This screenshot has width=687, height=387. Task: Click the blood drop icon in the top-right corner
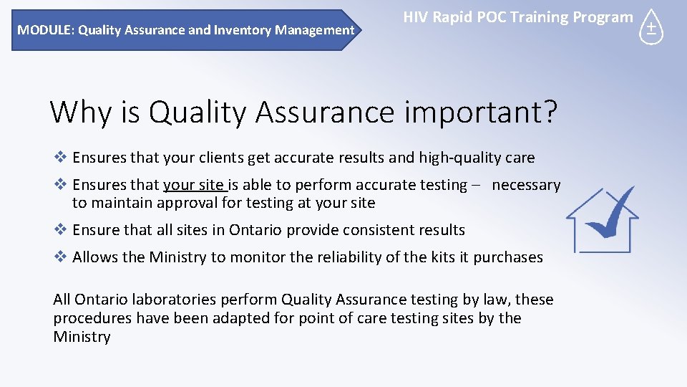click(x=651, y=27)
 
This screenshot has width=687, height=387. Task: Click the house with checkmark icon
click(x=602, y=219)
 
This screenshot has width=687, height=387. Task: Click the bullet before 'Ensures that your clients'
click(x=61, y=158)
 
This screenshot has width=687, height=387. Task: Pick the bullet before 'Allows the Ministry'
click(x=61, y=257)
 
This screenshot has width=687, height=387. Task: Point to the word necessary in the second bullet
click(x=526, y=185)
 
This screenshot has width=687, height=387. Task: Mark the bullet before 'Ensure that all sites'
click(x=61, y=230)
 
